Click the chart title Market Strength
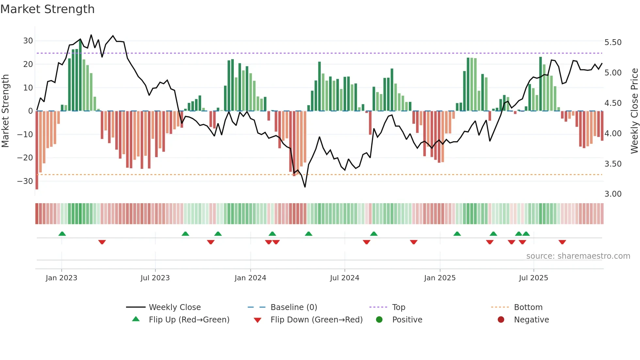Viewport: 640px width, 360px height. click(x=47, y=9)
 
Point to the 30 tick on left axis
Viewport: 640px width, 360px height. click(x=28, y=41)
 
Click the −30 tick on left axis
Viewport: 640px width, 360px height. click(x=25, y=181)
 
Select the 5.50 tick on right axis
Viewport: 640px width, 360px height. click(x=613, y=42)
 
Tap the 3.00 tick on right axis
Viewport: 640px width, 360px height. click(x=613, y=194)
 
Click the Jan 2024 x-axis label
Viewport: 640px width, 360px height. click(x=250, y=278)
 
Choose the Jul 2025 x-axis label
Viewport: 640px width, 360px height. click(x=533, y=278)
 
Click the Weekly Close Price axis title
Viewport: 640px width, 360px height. click(x=634, y=111)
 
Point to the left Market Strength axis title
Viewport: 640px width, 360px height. click(x=5, y=111)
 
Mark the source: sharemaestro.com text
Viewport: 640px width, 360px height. click(x=578, y=256)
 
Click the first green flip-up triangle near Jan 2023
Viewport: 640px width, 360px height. click(x=62, y=234)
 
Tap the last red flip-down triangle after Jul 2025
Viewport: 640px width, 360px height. click(x=562, y=242)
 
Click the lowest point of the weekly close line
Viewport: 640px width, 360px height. click(x=305, y=187)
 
